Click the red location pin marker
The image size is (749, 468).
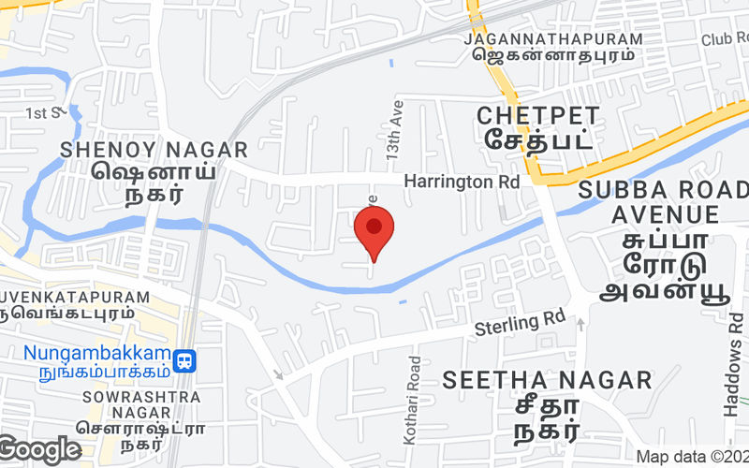374,232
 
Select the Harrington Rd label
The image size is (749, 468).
461,182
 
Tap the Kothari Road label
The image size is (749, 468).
416,386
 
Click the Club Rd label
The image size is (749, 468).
725,39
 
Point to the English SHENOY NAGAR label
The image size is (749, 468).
154,150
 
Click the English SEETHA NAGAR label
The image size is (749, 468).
547,380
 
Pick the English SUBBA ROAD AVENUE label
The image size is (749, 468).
664,202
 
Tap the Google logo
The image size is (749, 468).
40,450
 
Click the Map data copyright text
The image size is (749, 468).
692,457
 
